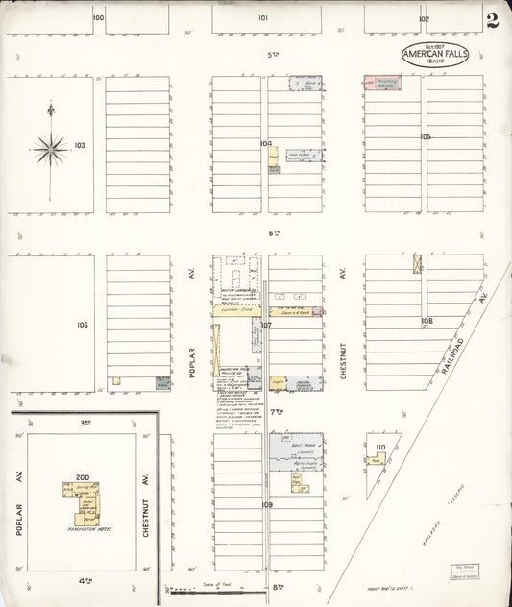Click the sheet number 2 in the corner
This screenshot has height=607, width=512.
492,21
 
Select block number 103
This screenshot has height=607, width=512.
80,146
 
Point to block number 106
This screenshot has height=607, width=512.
83,325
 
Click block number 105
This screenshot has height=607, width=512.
426,137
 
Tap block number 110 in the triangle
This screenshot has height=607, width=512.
380,448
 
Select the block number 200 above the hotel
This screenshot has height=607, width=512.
83,476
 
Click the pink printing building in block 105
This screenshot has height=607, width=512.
381,85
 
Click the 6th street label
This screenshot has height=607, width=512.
275,233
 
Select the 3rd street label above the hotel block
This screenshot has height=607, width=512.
85,422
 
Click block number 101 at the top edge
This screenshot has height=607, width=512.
263,18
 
